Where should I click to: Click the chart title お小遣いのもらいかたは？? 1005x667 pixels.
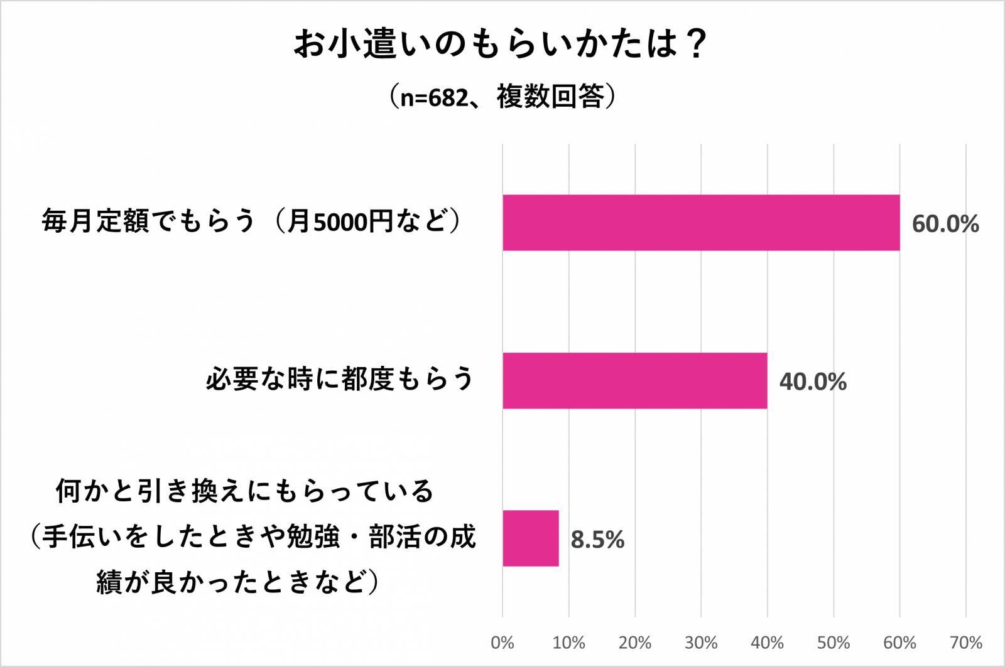[x=501, y=45]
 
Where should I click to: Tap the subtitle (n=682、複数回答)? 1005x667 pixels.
[x=501, y=97]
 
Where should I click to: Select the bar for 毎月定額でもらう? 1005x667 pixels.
[x=700, y=223]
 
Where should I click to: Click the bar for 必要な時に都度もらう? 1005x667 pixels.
[x=634, y=380]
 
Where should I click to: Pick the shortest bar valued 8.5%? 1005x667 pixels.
[x=530, y=538]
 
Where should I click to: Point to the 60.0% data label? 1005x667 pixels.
[x=945, y=224]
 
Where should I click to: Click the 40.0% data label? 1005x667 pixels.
[x=813, y=382]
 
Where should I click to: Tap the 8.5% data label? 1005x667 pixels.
[x=597, y=540]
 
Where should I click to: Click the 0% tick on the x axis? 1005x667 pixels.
[x=503, y=643]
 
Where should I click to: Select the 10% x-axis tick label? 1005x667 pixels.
[x=568, y=643]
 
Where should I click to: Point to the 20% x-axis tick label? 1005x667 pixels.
[x=634, y=643]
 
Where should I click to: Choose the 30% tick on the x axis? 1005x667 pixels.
[x=701, y=643]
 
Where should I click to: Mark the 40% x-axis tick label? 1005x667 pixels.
[x=767, y=643]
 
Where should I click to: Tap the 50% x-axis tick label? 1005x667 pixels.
[x=834, y=643]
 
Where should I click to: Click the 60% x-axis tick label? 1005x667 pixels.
[x=899, y=643]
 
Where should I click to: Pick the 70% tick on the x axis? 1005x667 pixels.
[x=966, y=643]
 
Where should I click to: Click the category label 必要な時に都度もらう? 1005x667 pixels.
[x=340, y=380]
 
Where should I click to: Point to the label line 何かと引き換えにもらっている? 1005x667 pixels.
[x=245, y=491]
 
